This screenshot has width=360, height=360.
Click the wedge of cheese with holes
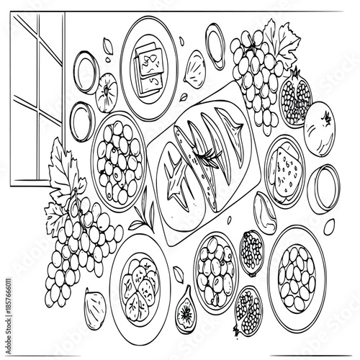284,173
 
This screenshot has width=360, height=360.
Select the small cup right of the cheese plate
328,183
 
